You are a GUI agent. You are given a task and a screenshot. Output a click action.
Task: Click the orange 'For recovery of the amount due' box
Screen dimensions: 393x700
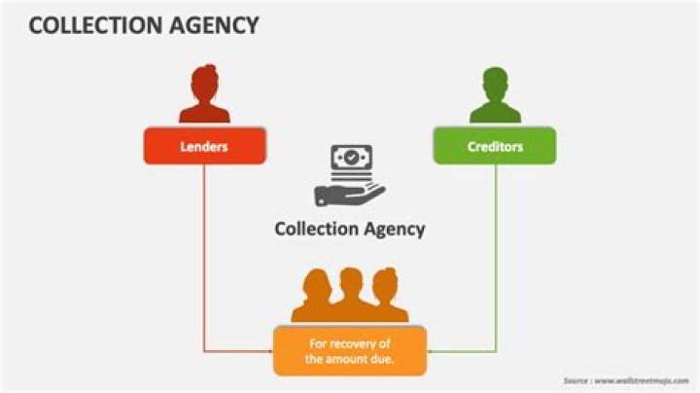[x=350, y=350]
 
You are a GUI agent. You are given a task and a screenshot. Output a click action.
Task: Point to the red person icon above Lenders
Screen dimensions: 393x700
[x=204, y=94]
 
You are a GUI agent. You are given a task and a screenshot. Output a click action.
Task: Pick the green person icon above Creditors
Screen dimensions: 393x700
[x=495, y=94]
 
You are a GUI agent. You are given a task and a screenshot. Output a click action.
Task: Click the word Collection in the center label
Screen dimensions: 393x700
[x=316, y=230]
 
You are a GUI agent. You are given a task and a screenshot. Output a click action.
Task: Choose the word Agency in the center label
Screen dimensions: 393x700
[x=394, y=230]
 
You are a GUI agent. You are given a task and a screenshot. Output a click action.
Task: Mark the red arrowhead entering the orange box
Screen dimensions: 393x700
[x=267, y=350]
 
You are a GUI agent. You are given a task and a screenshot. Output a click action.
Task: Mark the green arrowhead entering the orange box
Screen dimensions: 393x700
[x=432, y=350]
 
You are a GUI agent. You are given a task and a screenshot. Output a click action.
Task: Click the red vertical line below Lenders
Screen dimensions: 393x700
[x=203, y=253]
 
